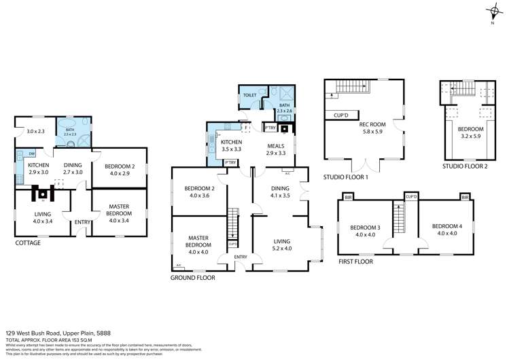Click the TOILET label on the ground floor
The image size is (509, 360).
click(x=249, y=96)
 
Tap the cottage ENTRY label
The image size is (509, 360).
click(x=82, y=221)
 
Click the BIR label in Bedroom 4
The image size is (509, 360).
click(x=465, y=198)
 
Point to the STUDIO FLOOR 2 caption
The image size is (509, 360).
click(x=467, y=165)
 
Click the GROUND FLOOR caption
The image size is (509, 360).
click(x=192, y=278)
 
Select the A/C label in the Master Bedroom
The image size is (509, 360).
click(x=178, y=266)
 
